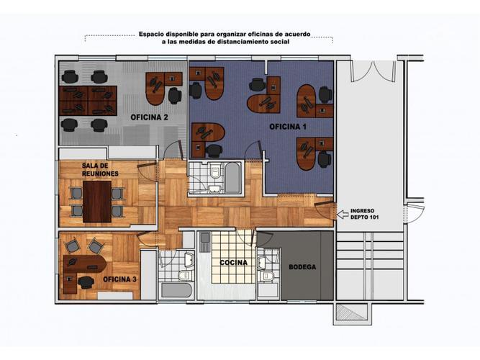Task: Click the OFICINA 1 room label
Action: [287, 127]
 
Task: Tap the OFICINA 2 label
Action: [149, 117]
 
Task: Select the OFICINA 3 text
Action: [119, 279]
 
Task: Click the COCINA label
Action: [234, 263]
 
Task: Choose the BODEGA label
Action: [302, 267]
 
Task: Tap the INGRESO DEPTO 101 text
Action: [364, 214]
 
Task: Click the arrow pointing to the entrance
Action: [343, 214]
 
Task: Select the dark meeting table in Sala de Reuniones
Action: [97, 202]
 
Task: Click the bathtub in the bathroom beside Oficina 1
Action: [232, 178]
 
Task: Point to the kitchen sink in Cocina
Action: [204, 242]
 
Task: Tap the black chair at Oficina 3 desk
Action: [86, 282]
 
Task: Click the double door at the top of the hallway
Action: [373, 71]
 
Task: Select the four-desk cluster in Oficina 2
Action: [88, 101]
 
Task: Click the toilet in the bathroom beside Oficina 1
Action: [216, 171]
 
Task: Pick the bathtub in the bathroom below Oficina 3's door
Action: [176, 290]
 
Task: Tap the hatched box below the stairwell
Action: [352, 312]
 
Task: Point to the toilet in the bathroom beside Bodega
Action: [266, 276]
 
